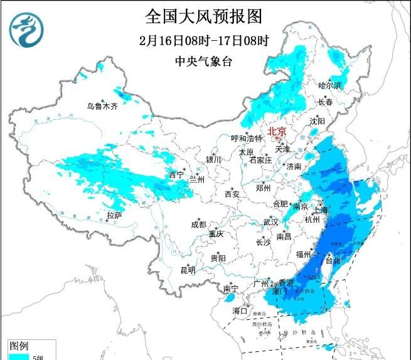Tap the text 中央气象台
203,61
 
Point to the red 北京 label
277,132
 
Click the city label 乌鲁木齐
102,107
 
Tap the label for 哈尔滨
329,85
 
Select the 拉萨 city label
114,215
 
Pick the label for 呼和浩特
247,138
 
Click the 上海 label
319,210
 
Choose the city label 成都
199,225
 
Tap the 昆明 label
188,270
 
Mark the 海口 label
240,310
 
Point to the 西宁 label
176,174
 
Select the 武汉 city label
270,223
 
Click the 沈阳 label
318,120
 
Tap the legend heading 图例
19,346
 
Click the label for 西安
232,194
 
